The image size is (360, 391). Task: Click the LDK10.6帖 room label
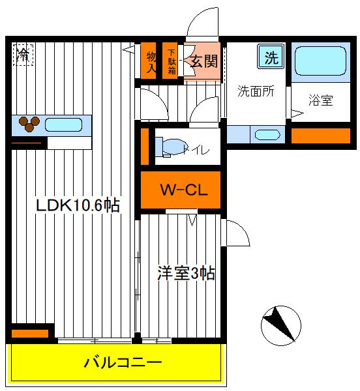(x=77, y=205)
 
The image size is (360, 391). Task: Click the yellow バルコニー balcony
(x=121, y=363)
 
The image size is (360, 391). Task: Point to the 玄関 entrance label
(x=203, y=62)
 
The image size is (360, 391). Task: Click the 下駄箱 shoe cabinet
(x=172, y=61)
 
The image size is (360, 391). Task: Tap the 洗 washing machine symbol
(x=271, y=57)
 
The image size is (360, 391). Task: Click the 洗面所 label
(x=255, y=91)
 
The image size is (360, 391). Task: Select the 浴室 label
(x=321, y=101)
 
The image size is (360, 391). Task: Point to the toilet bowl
(x=175, y=148)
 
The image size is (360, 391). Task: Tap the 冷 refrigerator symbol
(x=23, y=53)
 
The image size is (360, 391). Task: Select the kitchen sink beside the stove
(x=64, y=123)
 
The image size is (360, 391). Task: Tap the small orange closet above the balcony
(x=30, y=334)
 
